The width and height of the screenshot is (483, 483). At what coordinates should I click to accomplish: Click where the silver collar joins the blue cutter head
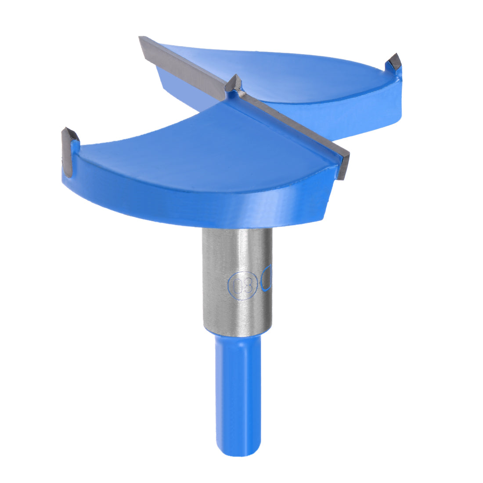237,228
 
